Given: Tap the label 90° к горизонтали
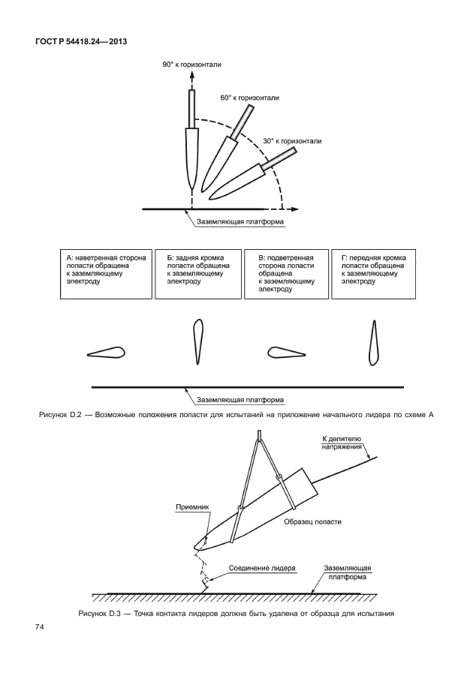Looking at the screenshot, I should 192,65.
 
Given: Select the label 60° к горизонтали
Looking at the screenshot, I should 249,98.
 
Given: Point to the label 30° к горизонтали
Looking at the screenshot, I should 292,140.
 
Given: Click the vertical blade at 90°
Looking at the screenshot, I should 192,150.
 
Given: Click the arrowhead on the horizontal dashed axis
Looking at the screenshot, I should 305,208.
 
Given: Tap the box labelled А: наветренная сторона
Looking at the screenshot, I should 106,274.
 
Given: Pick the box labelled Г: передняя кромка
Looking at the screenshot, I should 373,274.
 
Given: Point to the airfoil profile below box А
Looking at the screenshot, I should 106,351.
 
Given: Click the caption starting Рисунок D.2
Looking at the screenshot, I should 236,414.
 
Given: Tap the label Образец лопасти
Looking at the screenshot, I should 308,522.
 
